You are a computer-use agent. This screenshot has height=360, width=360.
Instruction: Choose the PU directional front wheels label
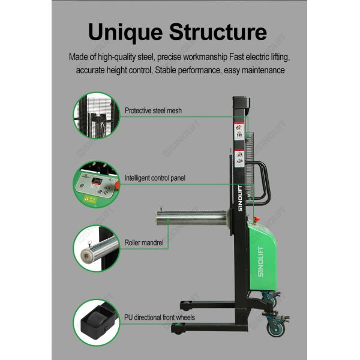159,317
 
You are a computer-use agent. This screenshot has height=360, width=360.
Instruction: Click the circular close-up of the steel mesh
96,115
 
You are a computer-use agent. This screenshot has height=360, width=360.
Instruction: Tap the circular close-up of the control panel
96,182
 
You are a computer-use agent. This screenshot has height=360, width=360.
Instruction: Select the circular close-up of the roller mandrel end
96,248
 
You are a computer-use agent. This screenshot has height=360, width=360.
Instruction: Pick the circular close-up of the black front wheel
96,322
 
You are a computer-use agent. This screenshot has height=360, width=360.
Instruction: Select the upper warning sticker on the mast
238,130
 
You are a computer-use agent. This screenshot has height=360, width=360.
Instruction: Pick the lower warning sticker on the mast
238,157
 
